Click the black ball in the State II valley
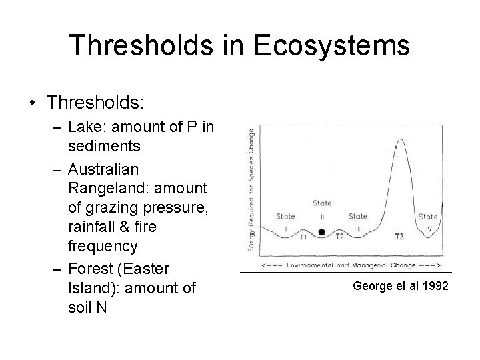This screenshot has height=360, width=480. click(x=322, y=232)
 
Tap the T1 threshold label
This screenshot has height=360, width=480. click(x=303, y=237)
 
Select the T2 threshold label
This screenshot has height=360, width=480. click(x=339, y=237)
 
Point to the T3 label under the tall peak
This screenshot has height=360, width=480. click(x=399, y=237)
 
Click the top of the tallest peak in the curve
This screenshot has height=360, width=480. click(x=399, y=141)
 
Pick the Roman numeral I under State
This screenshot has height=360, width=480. click(x=285, y=228)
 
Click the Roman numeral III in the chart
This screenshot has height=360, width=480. click(x=357, y=228)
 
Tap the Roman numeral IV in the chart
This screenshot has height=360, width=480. click(x=428, y=228)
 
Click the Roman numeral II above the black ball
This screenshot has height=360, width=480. click(x=322, y=215)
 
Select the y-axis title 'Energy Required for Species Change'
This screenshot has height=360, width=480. click(x=251, y=190)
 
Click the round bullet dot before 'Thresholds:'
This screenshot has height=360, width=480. click(x=33, y=103)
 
